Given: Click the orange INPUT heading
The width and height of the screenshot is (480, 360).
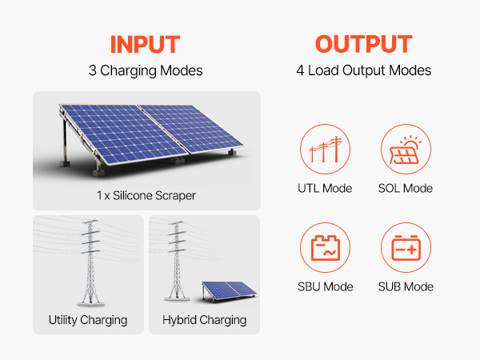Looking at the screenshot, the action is tap(145, 44).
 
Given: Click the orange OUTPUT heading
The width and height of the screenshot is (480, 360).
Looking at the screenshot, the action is tap(364, 44).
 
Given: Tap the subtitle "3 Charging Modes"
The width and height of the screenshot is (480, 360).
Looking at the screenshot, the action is tap(146, 70).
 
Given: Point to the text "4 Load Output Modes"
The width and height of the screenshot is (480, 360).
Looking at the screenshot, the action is tap(364, 70).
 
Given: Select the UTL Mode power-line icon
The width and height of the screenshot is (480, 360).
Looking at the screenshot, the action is tap(325, 149).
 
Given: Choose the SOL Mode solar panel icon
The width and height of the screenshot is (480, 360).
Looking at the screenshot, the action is tap(406, 149).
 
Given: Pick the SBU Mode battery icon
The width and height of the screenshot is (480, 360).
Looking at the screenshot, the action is tap(325, 248).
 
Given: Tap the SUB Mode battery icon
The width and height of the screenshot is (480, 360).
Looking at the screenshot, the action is tap(406, 248).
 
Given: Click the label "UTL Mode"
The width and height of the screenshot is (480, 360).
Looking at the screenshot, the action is tap(325, 188).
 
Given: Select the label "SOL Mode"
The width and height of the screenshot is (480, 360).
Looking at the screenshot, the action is tap(406, 188).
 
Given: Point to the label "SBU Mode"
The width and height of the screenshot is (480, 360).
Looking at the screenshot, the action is tap(326, 287).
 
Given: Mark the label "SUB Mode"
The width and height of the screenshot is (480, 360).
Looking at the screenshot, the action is tap(406, 287).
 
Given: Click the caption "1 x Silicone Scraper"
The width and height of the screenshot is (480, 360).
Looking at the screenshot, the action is tap(146, 196).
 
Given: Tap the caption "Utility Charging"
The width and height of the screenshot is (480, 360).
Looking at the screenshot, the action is tap(88, 320).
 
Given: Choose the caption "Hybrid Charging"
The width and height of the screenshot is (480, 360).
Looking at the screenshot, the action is tap(205, 320).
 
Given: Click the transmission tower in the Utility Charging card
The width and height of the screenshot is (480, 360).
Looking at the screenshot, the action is tap(90, 262).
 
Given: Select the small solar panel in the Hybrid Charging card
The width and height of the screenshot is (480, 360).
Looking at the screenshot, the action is tap(229, 291).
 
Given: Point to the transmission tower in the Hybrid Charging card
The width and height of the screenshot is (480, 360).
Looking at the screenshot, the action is tap(177, 261).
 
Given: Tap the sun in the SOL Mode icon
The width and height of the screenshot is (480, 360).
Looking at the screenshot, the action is tap(411, 143).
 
